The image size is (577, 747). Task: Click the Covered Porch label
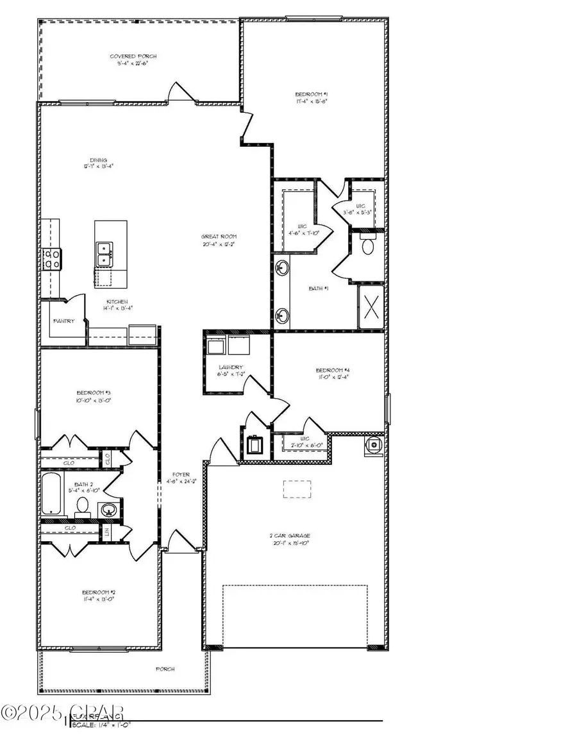point(133,57)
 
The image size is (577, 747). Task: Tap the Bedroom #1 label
point(312,95)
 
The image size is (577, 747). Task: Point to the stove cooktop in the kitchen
point(51,258)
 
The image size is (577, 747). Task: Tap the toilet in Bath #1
point(368,245)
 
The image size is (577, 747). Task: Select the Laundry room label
point(230,368)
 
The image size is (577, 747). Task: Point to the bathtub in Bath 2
point(53,493)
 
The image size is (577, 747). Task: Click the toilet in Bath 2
point(82,507)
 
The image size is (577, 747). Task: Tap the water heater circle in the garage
point(372,444)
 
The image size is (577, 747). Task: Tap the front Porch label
point(165,669)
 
